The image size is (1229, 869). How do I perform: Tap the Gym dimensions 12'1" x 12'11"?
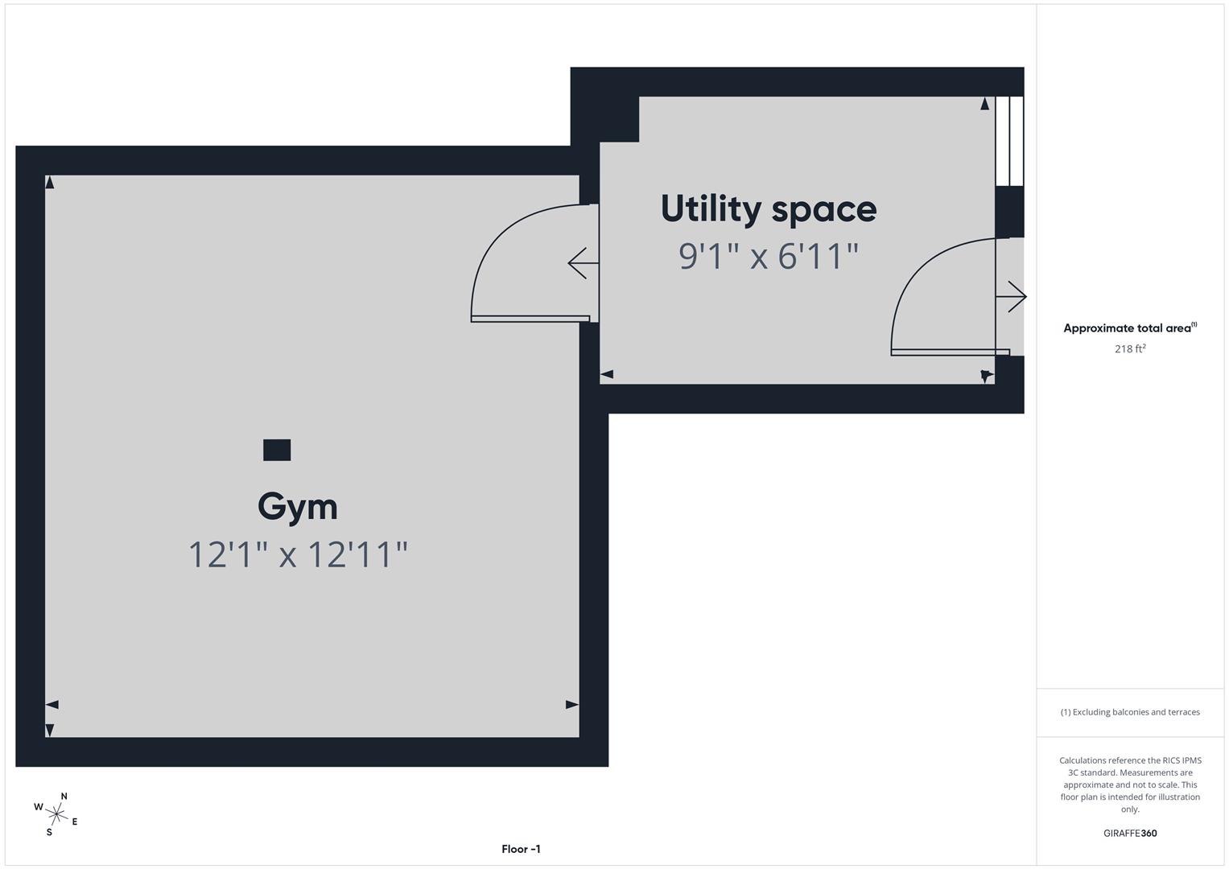click(x=298, y=554)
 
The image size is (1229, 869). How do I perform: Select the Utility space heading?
click(x=769, y=209)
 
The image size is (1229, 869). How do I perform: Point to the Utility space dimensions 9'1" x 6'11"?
click(x=769, y=257)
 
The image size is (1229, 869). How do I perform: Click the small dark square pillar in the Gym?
click(x=277, y=450)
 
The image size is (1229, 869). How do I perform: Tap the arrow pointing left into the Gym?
click(x=582, y=263)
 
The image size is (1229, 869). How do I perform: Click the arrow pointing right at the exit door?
click(x=1012, y=297)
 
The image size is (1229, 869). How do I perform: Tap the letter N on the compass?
click(x=64, y=797)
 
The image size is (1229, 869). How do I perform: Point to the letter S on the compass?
click(x=49, y=832)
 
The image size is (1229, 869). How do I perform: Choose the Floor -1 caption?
click(x=521, y=849)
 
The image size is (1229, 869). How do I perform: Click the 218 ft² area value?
click(x=1130, y=348)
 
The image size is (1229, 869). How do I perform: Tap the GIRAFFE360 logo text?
click(x=1130, y=834)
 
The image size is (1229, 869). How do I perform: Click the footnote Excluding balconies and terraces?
click(x=1130, y=712)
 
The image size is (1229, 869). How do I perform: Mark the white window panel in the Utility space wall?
click(x=1009, y=141)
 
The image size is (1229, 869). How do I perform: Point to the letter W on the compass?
click(x=38, y=807)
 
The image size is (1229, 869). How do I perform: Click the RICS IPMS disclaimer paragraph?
click(x=1130, y=785)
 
